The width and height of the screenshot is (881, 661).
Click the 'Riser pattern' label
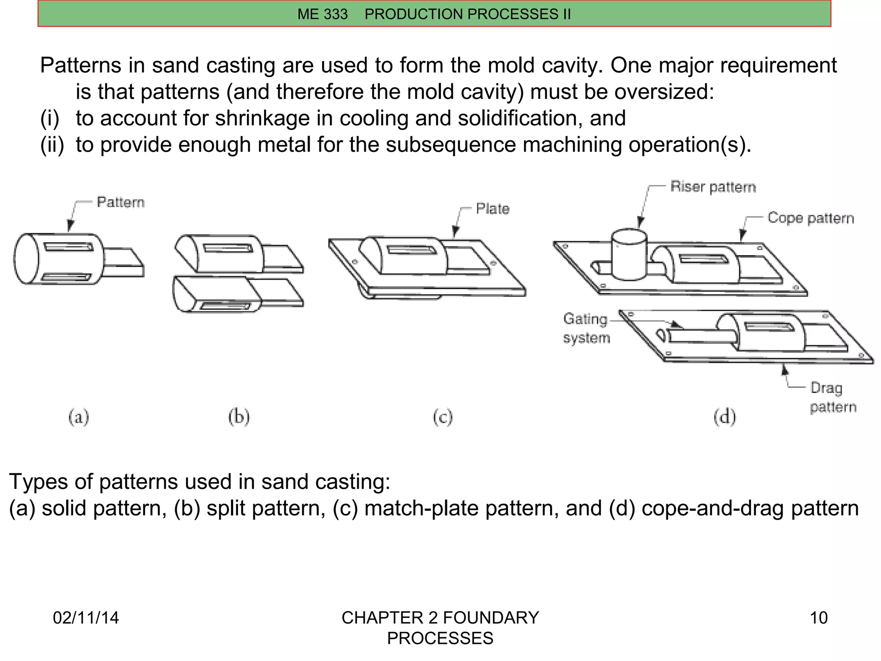[713, 187]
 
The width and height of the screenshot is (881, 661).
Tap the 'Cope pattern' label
[810, 218]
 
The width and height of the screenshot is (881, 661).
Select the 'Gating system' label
[586, 328]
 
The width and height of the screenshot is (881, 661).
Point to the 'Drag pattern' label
[832, 397]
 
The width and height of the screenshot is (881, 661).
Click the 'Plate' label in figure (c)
[493, 209]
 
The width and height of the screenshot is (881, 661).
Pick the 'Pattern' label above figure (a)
[120, 202]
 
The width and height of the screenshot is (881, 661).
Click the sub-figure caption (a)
[79, 417]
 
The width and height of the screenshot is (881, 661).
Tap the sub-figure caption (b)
[239, 417]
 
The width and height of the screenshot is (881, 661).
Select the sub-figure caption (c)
[443, 417]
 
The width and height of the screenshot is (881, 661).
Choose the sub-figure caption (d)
[724, 417]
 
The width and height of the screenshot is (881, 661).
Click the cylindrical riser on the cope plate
[629, 256]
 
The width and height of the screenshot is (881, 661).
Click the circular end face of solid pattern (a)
[27, 258]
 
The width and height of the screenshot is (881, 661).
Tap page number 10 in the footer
[818, 618]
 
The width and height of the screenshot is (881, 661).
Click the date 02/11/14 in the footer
[86, 618]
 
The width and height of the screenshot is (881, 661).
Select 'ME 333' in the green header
[322, 14]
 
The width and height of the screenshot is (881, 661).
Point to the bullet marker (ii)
[52, 145]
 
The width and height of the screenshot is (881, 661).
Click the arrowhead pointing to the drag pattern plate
[785, 369]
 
